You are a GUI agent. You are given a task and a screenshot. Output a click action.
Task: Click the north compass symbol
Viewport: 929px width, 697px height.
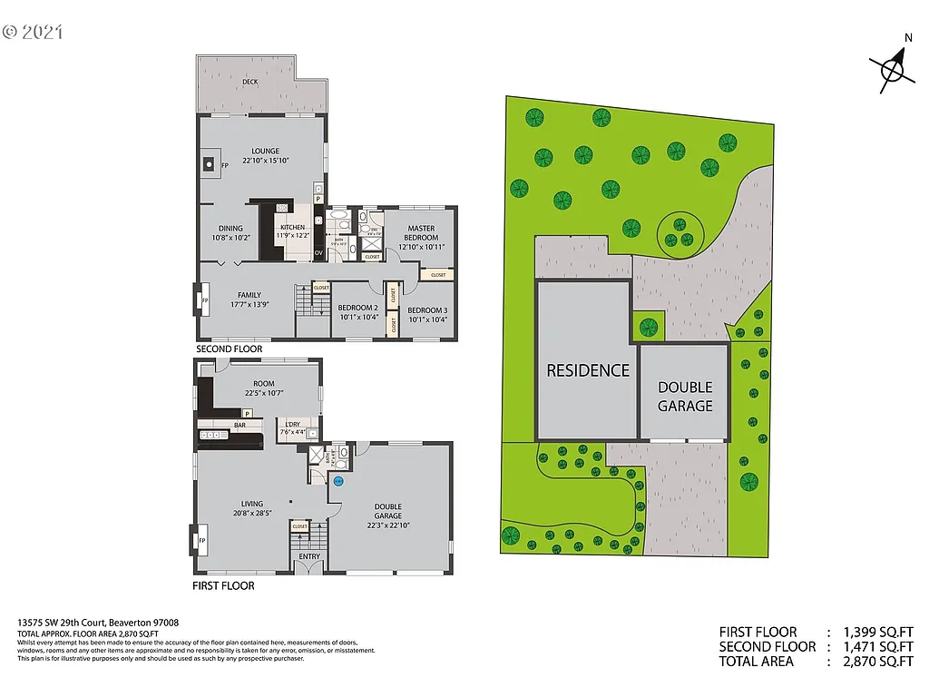click(894, 67)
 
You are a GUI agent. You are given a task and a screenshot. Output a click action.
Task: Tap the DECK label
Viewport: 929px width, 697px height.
click(249, 82)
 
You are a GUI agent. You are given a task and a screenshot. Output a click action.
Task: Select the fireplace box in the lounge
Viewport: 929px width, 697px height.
click(209, 165)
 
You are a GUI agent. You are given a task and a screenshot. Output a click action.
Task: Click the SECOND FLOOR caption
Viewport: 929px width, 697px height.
click(230, 348)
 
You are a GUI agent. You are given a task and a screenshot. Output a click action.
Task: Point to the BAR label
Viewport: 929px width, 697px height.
click(240, 424)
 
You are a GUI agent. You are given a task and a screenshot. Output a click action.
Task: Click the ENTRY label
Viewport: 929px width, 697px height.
click(309, 556)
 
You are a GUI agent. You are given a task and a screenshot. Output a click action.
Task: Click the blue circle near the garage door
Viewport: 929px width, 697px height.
click(339, 481)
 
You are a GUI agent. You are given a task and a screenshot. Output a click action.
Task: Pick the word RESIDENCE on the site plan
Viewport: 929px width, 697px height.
click(587, 370)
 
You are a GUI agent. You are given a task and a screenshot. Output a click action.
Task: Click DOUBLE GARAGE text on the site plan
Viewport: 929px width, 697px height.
click(685, 397)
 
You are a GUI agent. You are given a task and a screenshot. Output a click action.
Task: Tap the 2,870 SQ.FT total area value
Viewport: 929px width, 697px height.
click(879, 662)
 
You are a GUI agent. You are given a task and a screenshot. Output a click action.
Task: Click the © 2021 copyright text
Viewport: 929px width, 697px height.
click(33, 32)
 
